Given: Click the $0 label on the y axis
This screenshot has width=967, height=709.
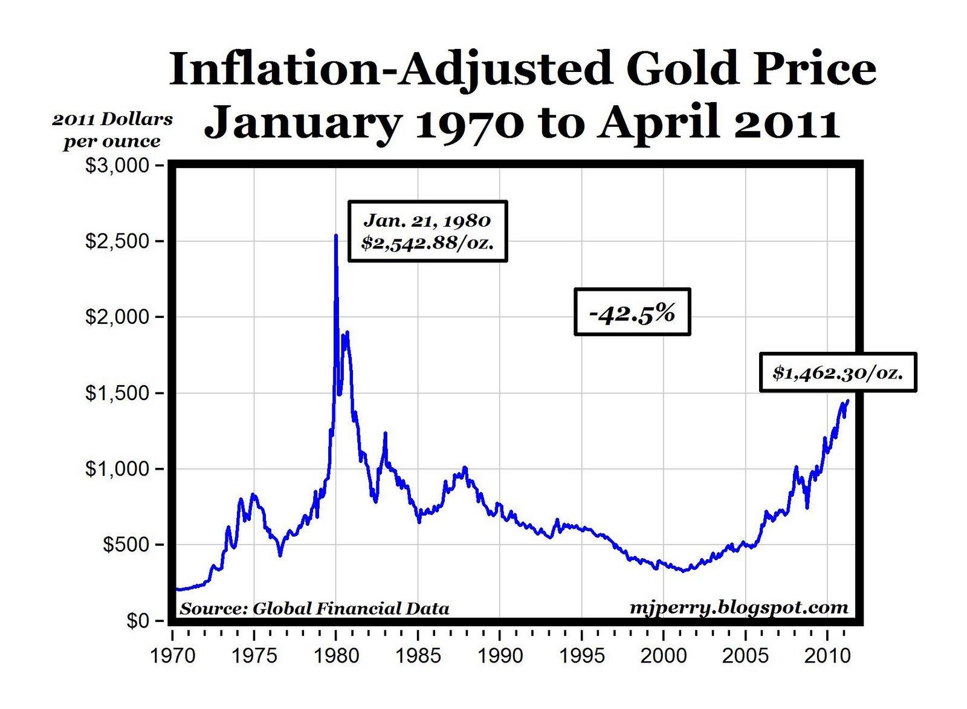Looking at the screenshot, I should click(137, 621).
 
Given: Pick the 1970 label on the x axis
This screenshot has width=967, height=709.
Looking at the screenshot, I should click(173, 656).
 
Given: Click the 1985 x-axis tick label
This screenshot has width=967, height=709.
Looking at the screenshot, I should click(418, 656).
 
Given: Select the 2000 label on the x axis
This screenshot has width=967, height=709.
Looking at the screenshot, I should click(664, 656).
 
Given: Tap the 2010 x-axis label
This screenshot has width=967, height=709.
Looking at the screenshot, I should click(827, 656).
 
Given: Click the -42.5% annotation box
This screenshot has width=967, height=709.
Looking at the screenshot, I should click(632, 312).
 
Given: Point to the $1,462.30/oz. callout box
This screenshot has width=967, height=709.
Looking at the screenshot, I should click(838, 372).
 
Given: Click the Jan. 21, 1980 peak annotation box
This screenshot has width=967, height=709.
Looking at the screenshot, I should click(427, 231).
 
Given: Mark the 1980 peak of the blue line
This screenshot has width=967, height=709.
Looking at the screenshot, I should click(336, 236).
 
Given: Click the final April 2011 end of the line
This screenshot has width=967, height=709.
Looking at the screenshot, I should click(848, 400).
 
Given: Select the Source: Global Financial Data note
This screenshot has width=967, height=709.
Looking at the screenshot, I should click(314, 608).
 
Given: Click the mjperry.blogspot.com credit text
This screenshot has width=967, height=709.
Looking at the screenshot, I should click(739, 607).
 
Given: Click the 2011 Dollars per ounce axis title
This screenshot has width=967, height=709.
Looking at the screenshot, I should click(112, 130).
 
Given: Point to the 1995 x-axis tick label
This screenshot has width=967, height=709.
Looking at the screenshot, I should click(582, 656).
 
